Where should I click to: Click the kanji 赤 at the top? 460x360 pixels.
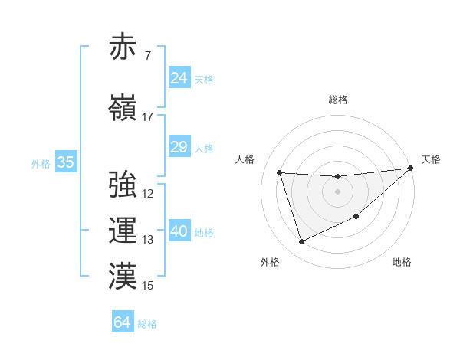click(x=122, y=47)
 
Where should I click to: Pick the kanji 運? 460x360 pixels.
click(x=122, y=230)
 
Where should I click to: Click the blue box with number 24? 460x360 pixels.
click(x=179, y=78)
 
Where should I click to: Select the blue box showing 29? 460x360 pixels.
click(x=179, y=147)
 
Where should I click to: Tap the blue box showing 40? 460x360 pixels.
click(x=179, y=231)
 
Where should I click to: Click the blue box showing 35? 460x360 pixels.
click(x=66, y=162)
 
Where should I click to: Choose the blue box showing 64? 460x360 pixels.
click(x=123, y=322)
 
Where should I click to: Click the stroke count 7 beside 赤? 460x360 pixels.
click(x=147, y=56)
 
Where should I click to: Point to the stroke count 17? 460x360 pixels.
click(x=147, y=117)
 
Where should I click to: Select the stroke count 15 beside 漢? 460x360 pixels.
click(x=147, y=286)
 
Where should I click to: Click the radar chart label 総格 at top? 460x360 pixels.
click(x=338, y=100)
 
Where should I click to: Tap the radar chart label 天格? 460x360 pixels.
click(x=431, y=159)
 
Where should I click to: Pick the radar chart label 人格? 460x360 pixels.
click(x=245, y=159)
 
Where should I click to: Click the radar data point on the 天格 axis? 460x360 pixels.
click(x=411, y=169)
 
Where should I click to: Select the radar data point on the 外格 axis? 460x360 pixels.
click(x=301, y=242)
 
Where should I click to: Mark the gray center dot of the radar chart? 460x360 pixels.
click(x=337, y=192)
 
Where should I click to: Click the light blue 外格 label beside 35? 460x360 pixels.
click(x=41, y=163)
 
